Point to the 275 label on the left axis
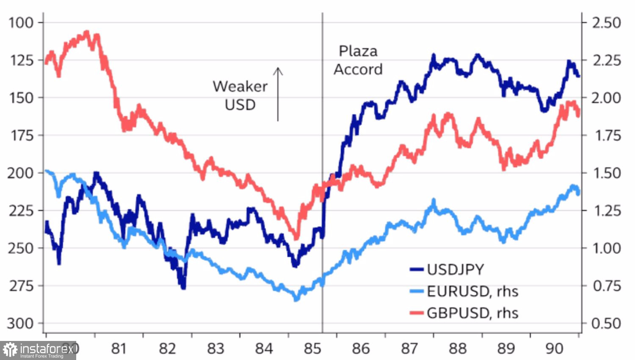pyautogui.click(x=21, y=286)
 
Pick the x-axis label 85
pyautogui.click(x=312, y=348)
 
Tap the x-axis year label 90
pyautogui.click(x=554, y=348)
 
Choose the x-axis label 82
pyautogui.click(x=167, y=348)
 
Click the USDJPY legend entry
pyautogui.click(x=455, y=269)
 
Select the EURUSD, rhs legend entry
pyautogui.click(x=472, y=291)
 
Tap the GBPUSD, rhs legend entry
pyautogui.click(x=472, y=313)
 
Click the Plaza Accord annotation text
pyautogui.click(x=358, y=60)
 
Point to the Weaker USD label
pyautogui.click(x=240, y=95)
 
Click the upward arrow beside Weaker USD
pyautogui.click(x=278, y=94)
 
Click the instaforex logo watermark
pyautogui.click(x=38, y=350)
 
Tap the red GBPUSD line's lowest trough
pyautogui.click(x=296, y=238)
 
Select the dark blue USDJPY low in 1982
pyautogui.click(x=183, y=288)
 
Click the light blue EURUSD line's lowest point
pyautogui.click(x=296, y=299)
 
